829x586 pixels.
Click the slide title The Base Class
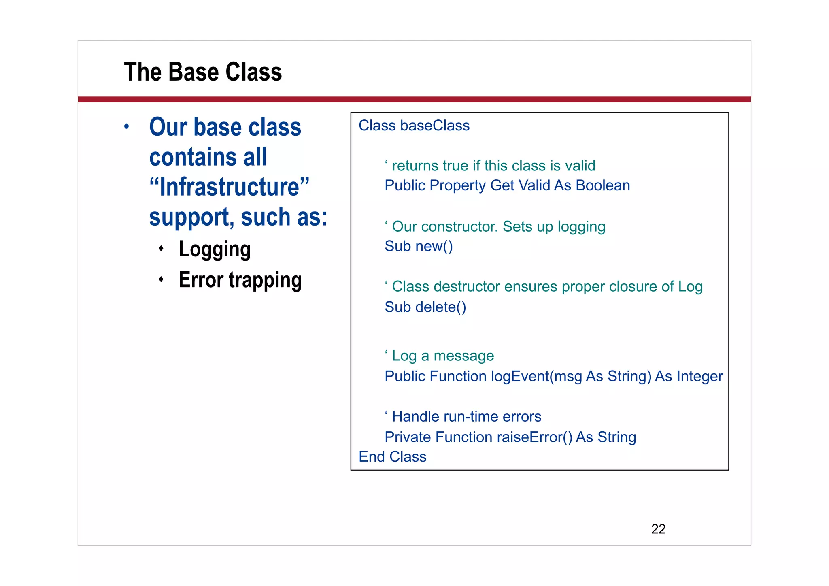pyautogui.click(x=202, y=72)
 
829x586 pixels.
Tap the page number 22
pyautogui.click(x=658, y=529)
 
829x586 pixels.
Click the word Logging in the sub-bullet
pyautogui.click(x=215, y=249)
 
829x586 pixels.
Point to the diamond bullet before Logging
pyautogui.click(x=161, y=248)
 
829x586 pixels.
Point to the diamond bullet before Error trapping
pyautogui.click(x=161, y=279)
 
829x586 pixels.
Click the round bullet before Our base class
pyautogui.click(x=127, y=126)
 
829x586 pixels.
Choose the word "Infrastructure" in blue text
pyautogui.click(x=229, y=187)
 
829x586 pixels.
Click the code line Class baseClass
pyautogui.click(x=414, y=126)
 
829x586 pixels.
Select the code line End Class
pyautogui.click(x=392, y=457)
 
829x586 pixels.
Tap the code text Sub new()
pyautogui.click(x=419, y=246)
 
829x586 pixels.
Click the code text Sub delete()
pyautogui.click(x=425, y=307)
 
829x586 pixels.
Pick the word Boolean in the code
pyautogui.click(x=603, y=185)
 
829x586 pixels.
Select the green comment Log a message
pyautogui.click(x=442, y=356)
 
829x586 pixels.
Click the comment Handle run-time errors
pyautogui.click(x=466, y=417)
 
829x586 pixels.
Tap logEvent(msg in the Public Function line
pyautogui.click(x=536, y=377)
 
